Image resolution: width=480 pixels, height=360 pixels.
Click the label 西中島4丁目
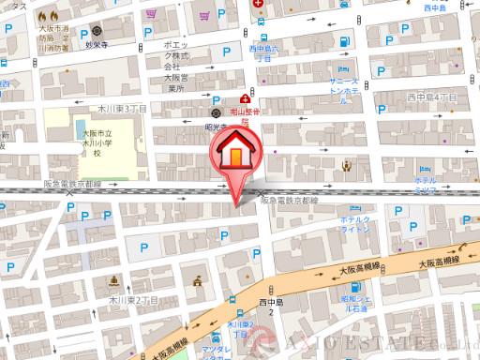click(433, 97)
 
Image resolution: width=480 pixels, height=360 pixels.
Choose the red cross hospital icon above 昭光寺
click(245, 98)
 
